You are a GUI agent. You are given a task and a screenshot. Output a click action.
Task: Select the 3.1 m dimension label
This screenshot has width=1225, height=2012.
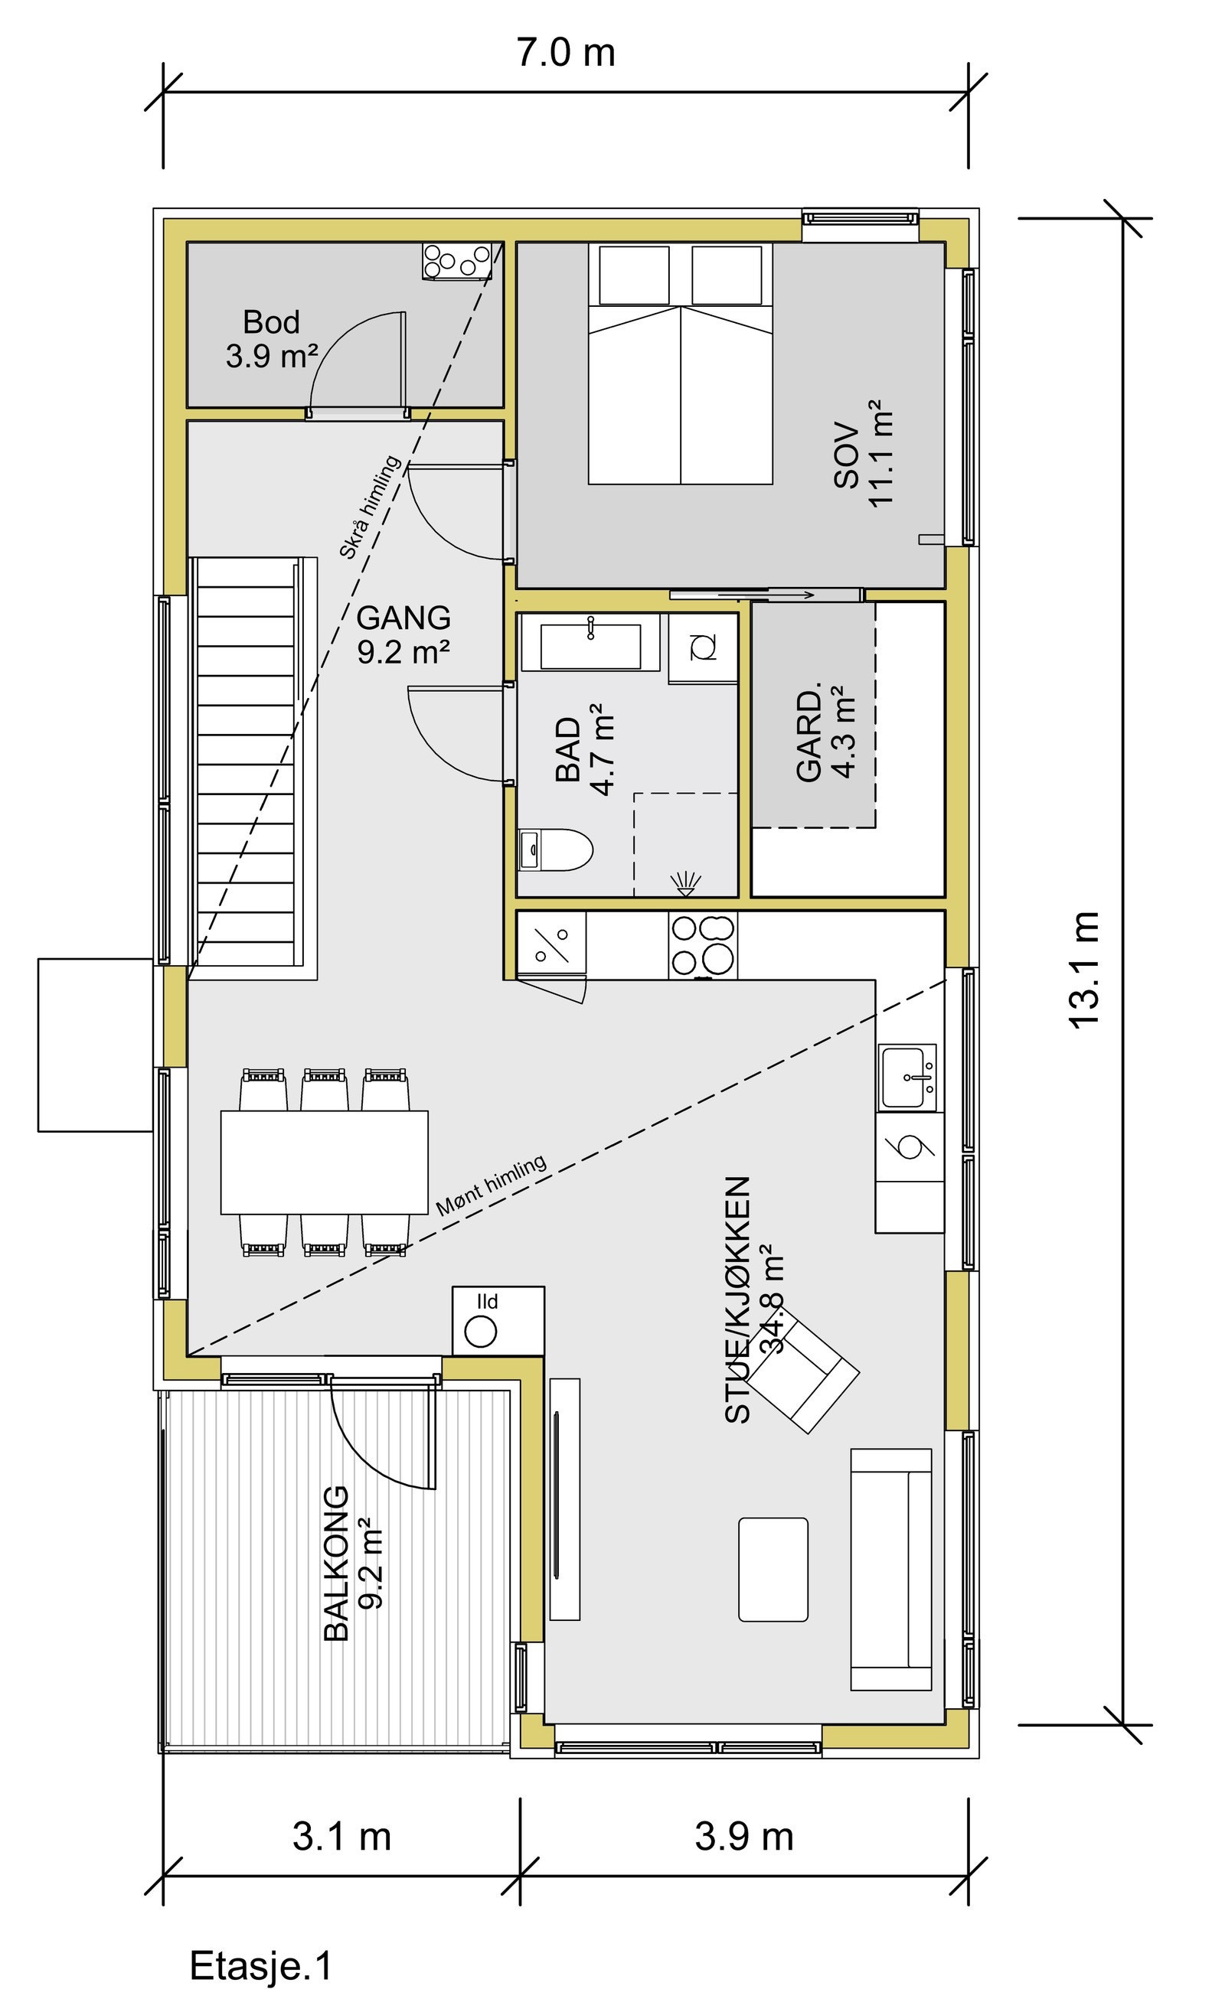pyautogui.click(x=341, y=1838)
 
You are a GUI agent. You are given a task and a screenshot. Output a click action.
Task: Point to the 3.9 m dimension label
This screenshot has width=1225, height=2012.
pyautogui.click(x=744, y=1837)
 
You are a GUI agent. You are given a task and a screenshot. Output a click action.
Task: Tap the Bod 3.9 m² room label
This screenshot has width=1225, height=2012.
pyautogui.click(x=272, y=339)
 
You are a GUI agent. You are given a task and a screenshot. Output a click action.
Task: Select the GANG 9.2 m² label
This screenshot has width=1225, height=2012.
pyautogui.click(x=403, y=634)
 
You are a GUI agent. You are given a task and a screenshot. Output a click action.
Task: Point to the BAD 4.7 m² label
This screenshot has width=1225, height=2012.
pyautogui.click(x=583, y=749)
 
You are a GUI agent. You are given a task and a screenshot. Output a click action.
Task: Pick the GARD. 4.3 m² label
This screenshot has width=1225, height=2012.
pyautogui.click(x=825, y=735)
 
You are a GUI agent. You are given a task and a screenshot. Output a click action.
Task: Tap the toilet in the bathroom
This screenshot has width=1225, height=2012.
pyautogui.click(x=557, y=850)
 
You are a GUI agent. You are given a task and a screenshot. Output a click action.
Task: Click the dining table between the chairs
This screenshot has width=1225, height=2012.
pyautogui.click(x=324, y=1161)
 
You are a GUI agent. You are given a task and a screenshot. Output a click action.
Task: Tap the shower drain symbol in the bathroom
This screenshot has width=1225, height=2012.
pyautogui.click(x=684, y=882)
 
